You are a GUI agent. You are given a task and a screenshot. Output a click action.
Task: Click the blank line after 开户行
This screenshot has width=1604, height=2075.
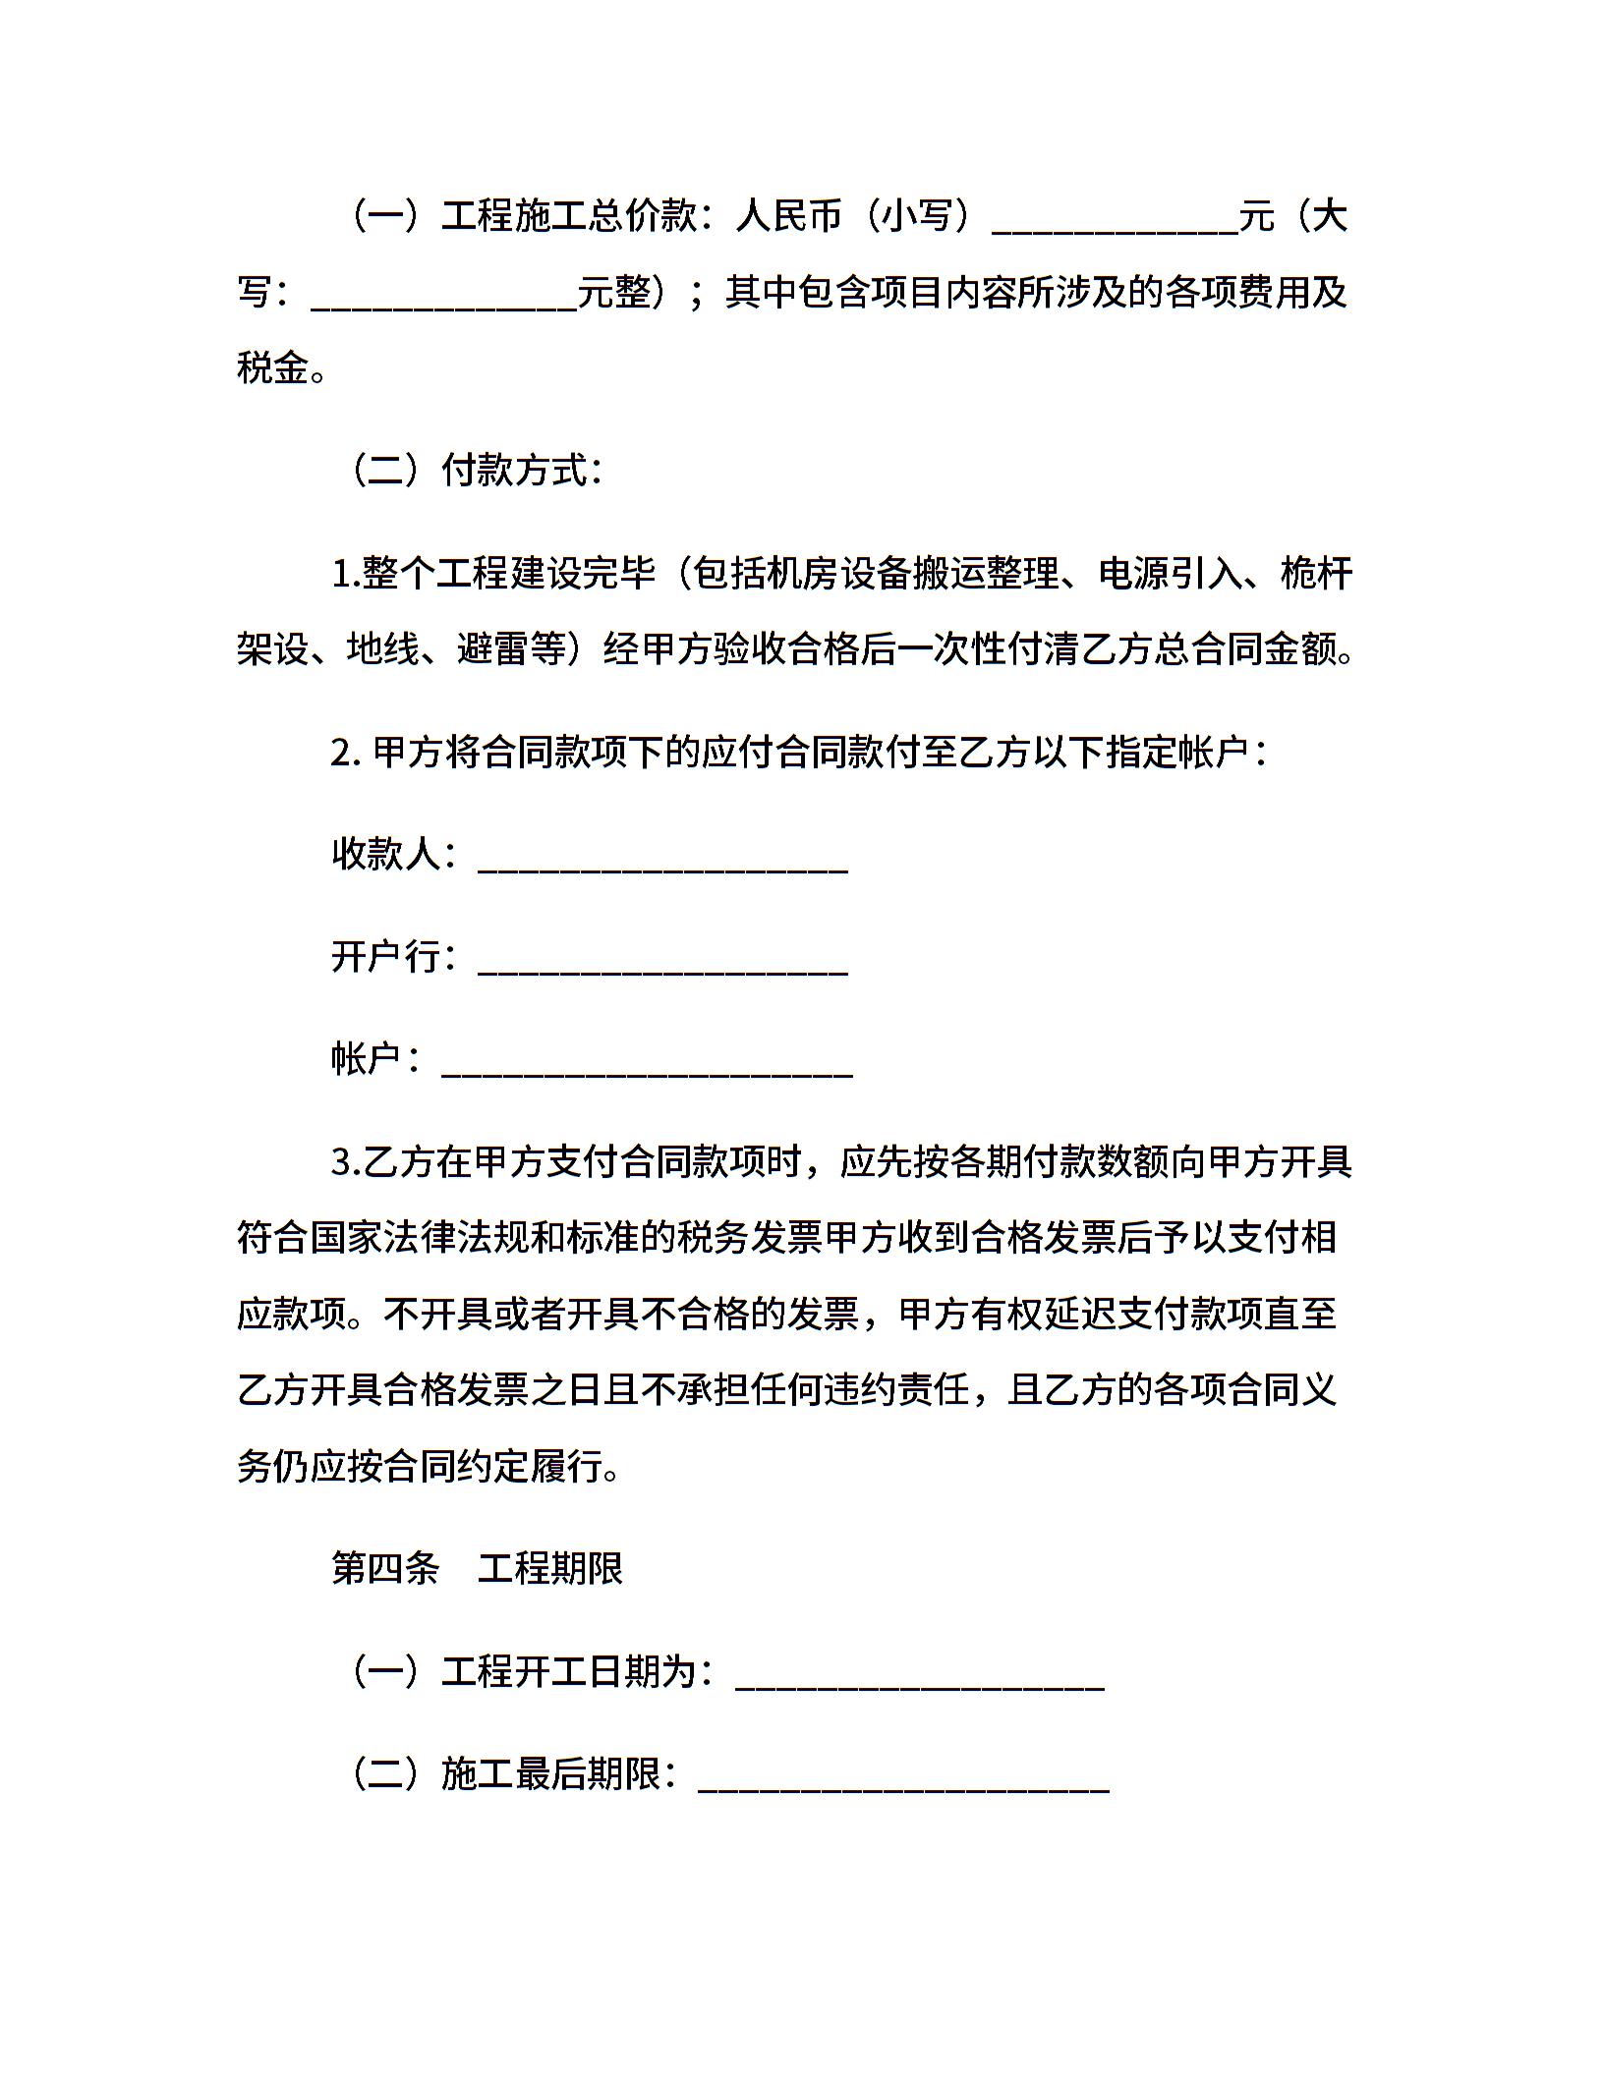662,961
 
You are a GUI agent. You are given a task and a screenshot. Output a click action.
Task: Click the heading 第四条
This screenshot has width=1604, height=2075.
385,1569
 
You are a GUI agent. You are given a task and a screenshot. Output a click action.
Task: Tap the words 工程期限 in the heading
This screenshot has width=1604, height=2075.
550,1569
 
